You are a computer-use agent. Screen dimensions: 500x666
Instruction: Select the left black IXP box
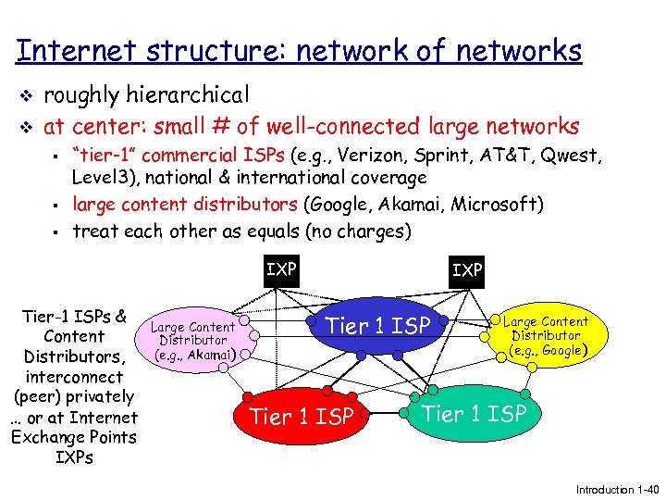[x=280, y=269]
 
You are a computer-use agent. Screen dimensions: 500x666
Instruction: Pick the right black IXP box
[x=466, y=269]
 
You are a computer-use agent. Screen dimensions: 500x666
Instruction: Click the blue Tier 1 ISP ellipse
[x=378, y=325]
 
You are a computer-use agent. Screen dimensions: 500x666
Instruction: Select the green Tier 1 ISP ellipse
[x=474, y=414]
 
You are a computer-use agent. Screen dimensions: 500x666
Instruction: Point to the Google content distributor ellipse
[x=546, y=336]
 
